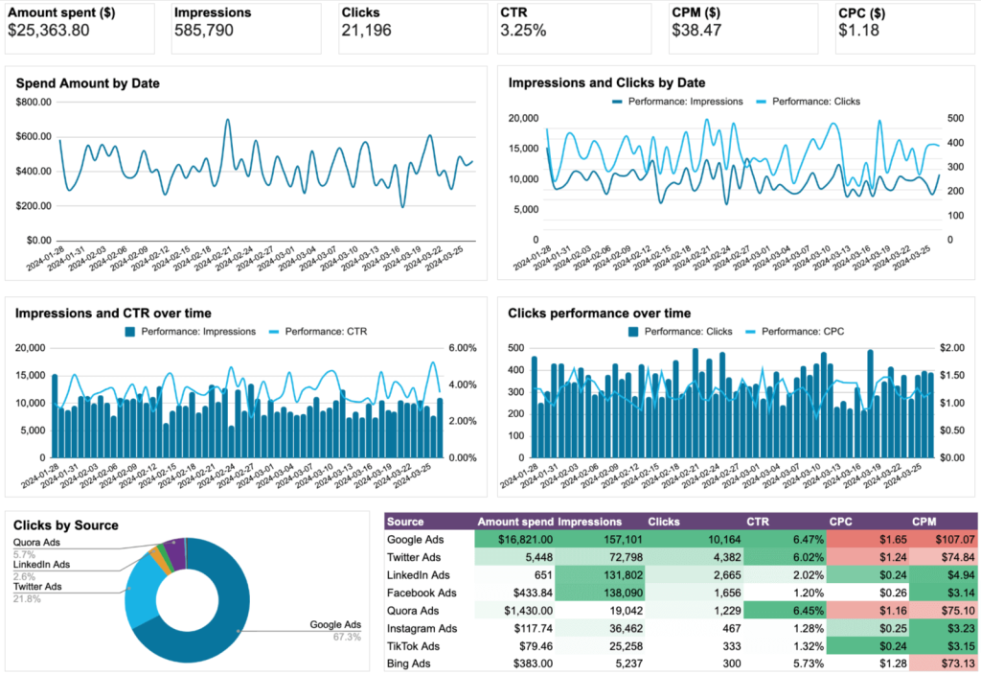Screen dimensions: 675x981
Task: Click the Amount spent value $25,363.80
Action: coord(61,31)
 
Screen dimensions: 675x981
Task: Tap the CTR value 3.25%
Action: coord(523,31)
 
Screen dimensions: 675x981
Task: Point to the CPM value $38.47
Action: coord(699,31)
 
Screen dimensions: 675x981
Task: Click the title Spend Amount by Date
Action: coord(87,83)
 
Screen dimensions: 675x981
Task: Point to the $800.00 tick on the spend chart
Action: coord(34,102)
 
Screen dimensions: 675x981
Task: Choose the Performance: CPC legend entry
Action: coord(803,331)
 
